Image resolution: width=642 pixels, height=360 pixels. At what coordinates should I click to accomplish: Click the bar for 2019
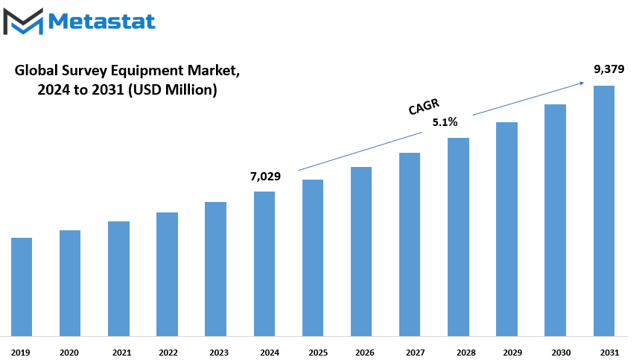[22, 287]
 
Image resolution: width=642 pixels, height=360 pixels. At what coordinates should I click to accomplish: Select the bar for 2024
[264, 264]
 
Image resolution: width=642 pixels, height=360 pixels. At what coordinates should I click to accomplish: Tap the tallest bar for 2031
[604, 211]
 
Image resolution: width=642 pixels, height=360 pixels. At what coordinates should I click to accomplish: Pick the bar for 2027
[410, 244]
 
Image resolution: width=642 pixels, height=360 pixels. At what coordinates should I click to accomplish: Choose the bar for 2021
[118, 279]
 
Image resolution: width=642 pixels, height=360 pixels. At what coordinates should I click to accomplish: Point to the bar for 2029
[506, 230]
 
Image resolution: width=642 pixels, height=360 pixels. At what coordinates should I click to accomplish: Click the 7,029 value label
[265, 177]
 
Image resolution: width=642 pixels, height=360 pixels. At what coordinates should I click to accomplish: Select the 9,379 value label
[609, 69]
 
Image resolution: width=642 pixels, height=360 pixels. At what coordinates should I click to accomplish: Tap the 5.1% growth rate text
[445, 122]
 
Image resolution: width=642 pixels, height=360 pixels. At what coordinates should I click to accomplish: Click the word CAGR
[424, 107]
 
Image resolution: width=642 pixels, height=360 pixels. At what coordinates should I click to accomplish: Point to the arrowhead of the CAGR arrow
[582, 83]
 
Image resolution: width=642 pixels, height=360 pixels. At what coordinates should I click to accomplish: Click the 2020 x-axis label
[69, 353]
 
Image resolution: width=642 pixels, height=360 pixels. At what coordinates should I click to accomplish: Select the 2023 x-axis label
[219, 353]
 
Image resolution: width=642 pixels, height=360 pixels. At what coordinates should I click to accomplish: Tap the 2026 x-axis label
[365, 353]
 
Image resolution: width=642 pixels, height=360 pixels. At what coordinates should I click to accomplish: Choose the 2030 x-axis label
[561, 353]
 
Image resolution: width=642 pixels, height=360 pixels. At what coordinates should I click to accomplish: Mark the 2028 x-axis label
[466, 353]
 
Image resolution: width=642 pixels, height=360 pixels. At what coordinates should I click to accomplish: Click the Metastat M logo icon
[23, 22]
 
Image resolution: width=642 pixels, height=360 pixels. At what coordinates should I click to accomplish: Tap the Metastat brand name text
[101, 22]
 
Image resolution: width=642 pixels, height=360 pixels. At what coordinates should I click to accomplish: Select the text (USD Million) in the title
[172, 89]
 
